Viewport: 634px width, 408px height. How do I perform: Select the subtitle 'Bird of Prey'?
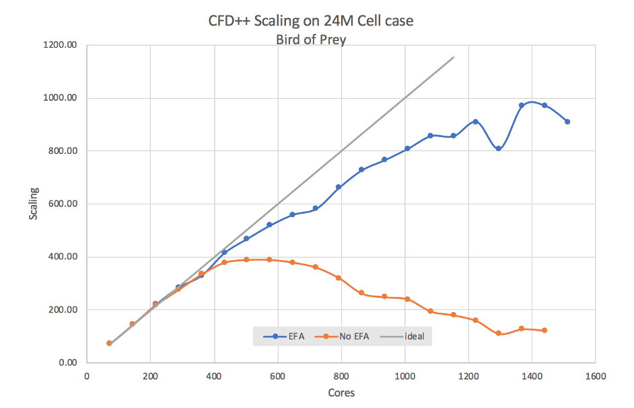coord(311,40)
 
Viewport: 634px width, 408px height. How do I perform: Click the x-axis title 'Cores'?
coord(341,393)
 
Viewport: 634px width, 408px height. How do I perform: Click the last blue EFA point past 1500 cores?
coord(567,122)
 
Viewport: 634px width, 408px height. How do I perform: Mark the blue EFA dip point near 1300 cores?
coord(498,149)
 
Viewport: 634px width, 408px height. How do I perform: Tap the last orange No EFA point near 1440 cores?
coord(544,330)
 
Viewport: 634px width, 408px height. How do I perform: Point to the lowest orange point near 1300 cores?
coord(498,333)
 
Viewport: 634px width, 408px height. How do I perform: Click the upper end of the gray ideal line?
coord(453,57)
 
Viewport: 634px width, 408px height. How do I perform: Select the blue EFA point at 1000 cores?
coord(407,149)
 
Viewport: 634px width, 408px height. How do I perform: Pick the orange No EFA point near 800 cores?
coord(339,278)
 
